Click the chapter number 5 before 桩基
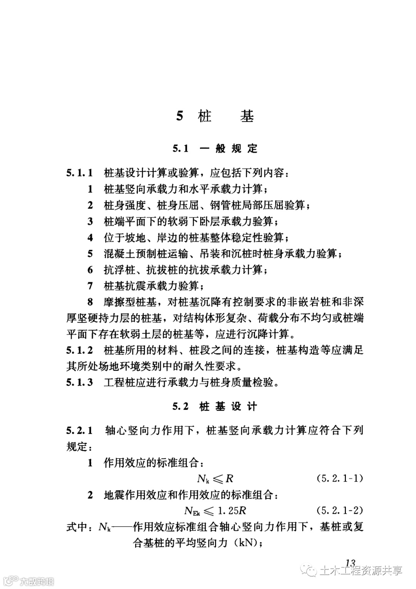coord(179,116)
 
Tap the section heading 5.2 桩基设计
coord(215,407)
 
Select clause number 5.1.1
coord(80,173)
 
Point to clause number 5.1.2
coord(80,351)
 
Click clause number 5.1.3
coord(80,383)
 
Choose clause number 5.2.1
coord(80,431)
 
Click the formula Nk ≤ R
coord(215,479)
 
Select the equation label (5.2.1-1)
coord(340,479)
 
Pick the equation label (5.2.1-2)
coord(340,511)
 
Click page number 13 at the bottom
coord(350,563)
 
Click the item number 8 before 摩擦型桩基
coord(91,302)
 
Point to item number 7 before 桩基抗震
coord(91,286)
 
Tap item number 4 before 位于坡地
coord(91,238)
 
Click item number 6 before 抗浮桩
coord(91,270)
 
